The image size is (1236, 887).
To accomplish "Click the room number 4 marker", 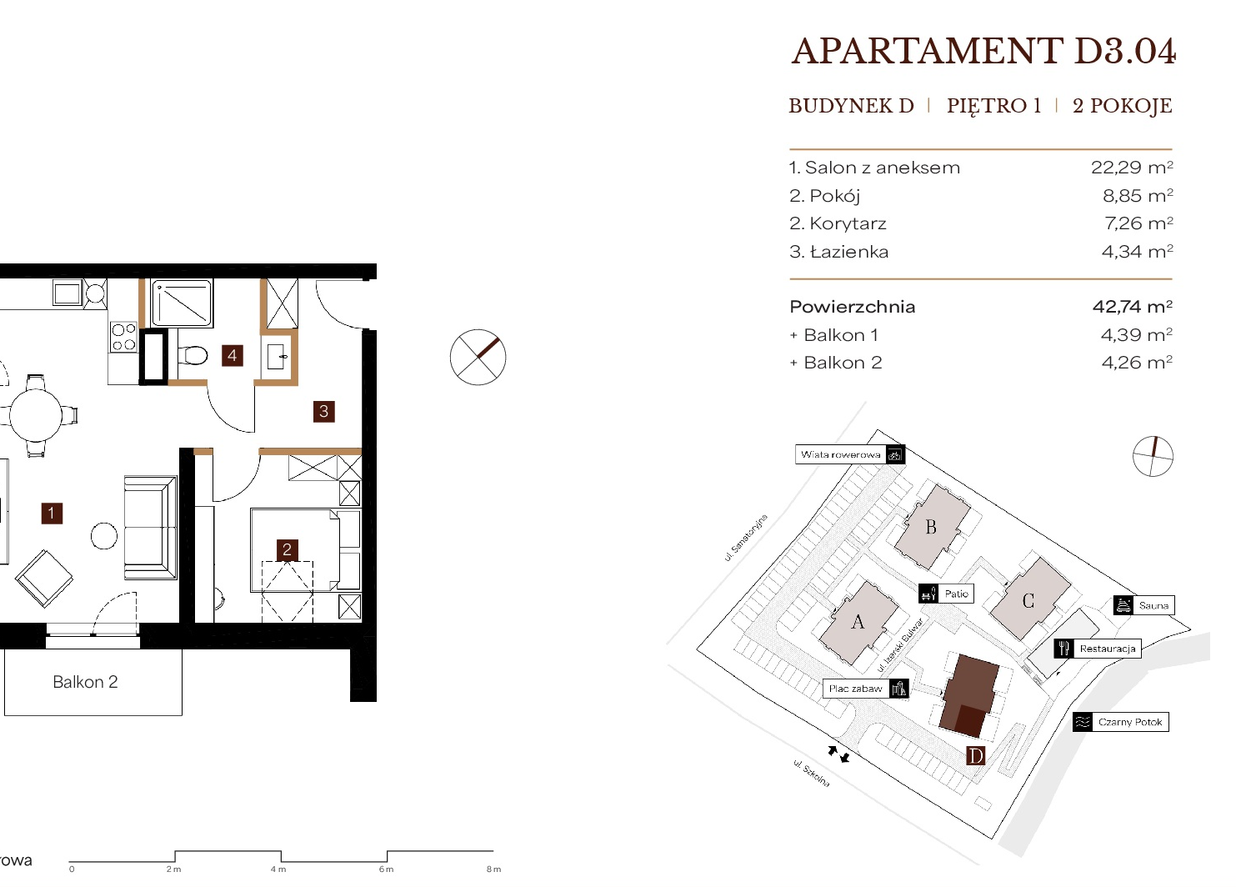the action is click(x=233, y=355).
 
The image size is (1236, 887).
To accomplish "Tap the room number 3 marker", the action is click(x=324, y=411).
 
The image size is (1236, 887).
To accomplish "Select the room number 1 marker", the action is click(x=52, y=514).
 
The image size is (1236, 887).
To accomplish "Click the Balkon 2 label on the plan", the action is click(x=86, y=682).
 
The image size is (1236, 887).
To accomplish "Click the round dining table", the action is click(x=36, y=416).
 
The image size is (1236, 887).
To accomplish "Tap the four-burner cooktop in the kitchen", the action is click(x=123, y=337).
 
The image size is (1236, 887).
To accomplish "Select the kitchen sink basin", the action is click(x=68, y=293).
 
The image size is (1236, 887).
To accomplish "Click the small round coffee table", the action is click(x=103, y=535).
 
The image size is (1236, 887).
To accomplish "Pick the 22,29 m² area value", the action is click(x=1132, y=168).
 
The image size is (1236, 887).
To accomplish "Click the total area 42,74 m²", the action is click(x=1133, y=306).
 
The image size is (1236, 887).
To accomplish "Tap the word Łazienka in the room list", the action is click(x=849, y=252).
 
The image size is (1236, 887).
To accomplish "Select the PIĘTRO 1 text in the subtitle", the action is click(x=993, y=105).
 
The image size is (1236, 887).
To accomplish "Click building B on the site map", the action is click(x=932, y=527).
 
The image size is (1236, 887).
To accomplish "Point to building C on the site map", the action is click(x=1028, y=600).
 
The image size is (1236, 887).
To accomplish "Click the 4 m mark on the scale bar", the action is click(x=278, y=869).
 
